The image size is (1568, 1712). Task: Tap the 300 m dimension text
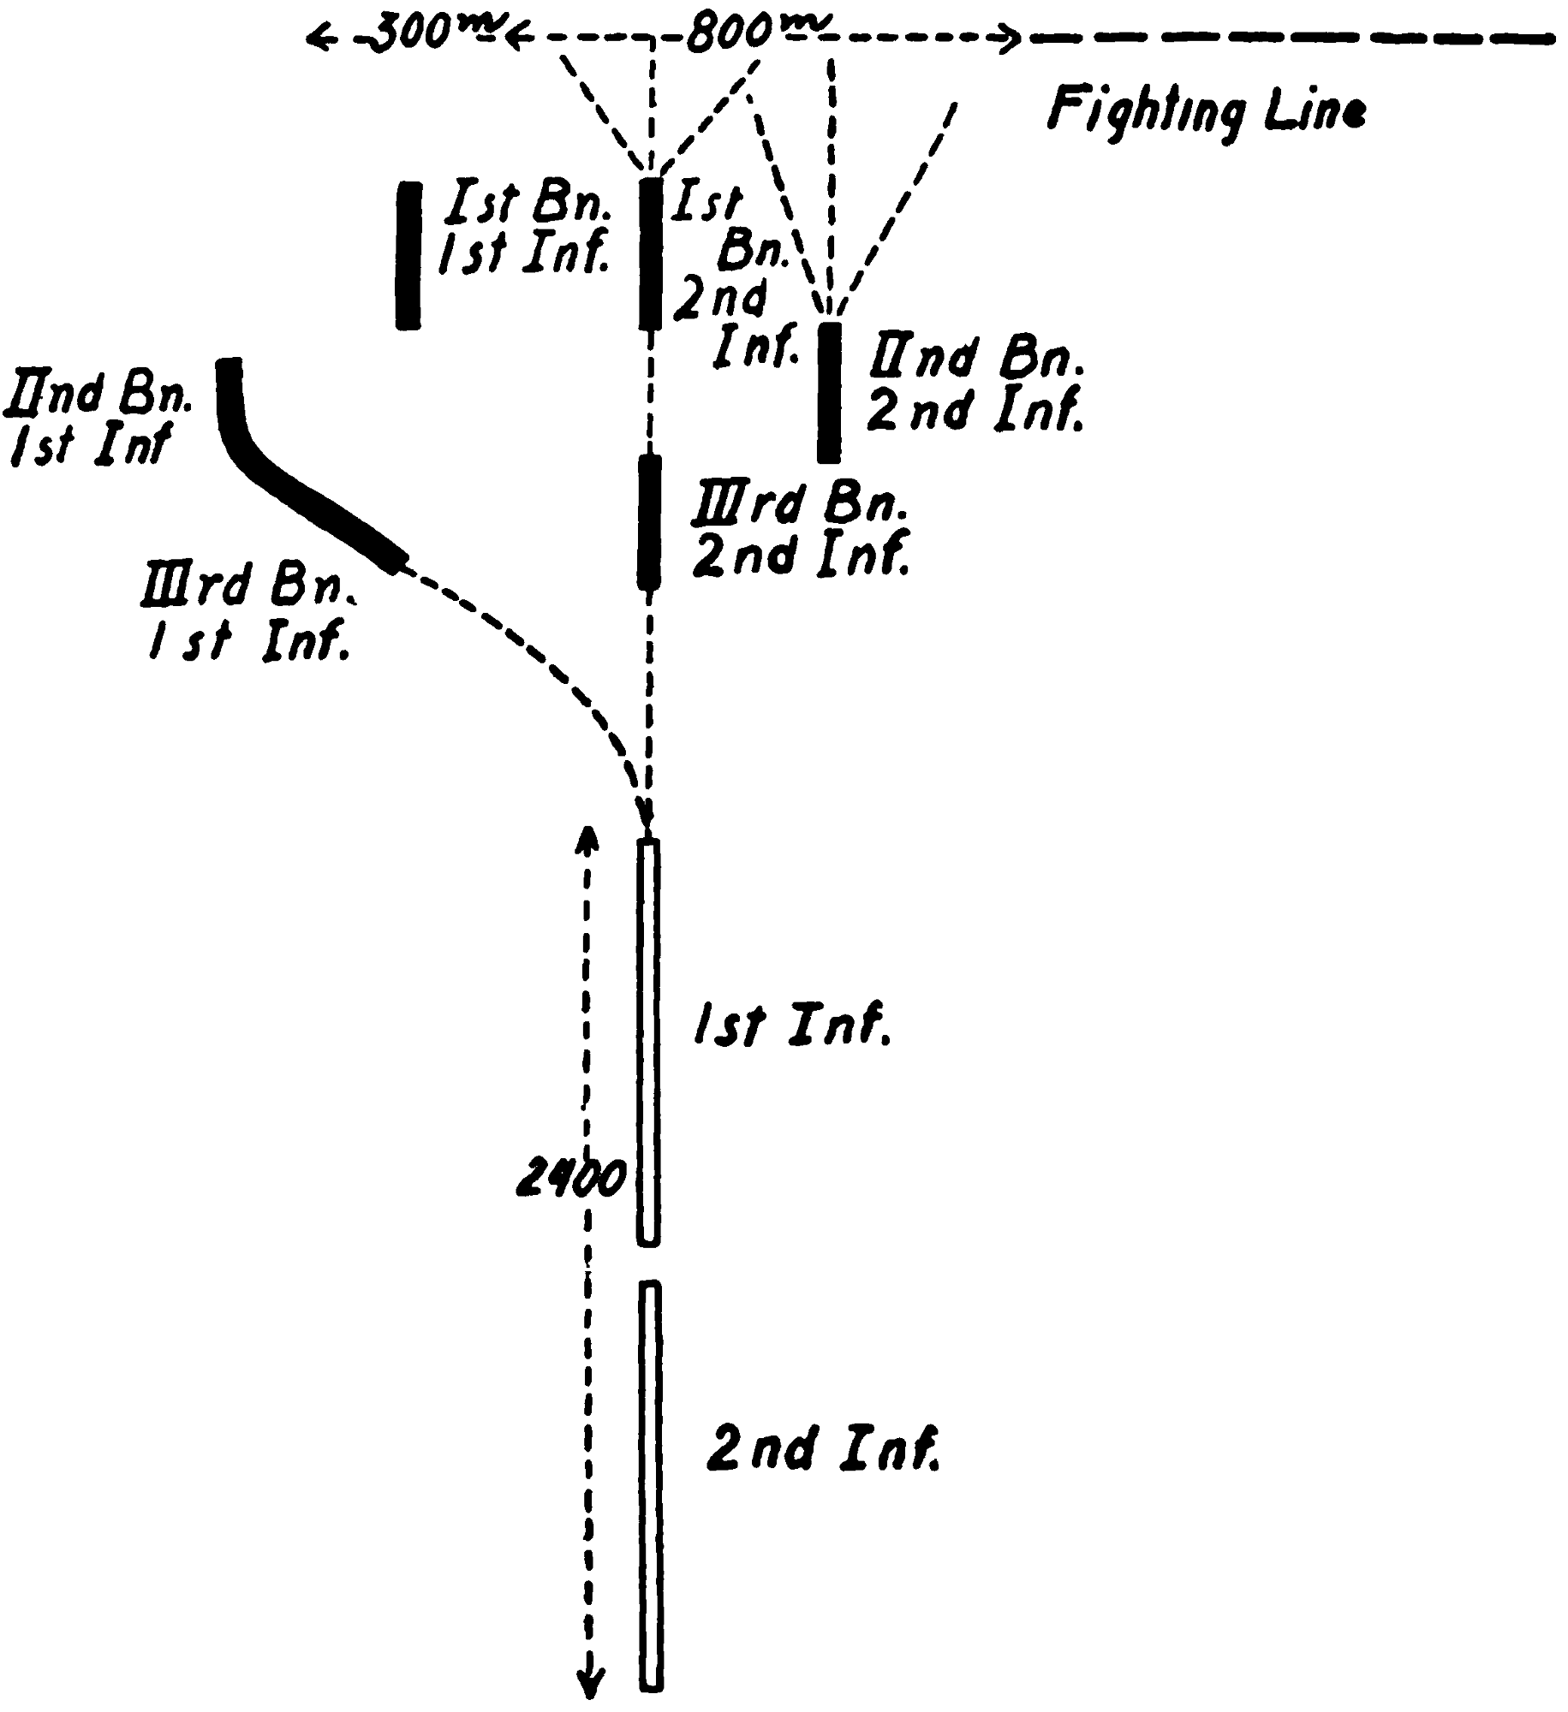coord(412,35)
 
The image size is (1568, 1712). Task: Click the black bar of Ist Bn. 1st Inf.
coord(408,255)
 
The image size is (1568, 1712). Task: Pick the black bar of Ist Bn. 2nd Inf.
coord(651,253)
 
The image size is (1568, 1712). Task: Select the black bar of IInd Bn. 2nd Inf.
coord(828,392)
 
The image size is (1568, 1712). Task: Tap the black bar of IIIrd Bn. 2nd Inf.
coord(650,521)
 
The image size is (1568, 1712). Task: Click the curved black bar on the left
coord(283,479)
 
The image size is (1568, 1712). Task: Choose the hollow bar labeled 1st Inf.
coord(649,1042)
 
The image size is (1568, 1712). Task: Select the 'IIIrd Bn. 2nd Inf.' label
coord(799,532)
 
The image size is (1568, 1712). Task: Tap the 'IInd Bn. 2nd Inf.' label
coord(975,386)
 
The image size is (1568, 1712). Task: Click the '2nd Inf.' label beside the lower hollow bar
coord(822,1447)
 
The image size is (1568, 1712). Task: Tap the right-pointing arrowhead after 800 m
coord(1012,39)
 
